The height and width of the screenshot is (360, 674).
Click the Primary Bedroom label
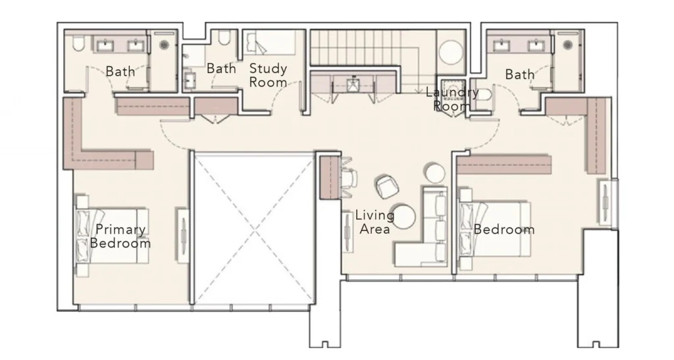pyautogui.click(x=120, y=236)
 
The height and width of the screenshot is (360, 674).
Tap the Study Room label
pyautogui.click(x=268, y=75)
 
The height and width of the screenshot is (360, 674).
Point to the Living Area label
pyautogui.click(x=375, y=222)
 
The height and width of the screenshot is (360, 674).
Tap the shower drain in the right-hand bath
pyautogui.click(x=568, y=45)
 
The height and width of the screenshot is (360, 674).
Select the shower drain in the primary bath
pyautogui.click(x=165, y=45)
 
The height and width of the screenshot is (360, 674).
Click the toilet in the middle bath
pyautogui.click(x=225, y=38)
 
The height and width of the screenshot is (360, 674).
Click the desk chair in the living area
pyautogui.click(x=350, y=176)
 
